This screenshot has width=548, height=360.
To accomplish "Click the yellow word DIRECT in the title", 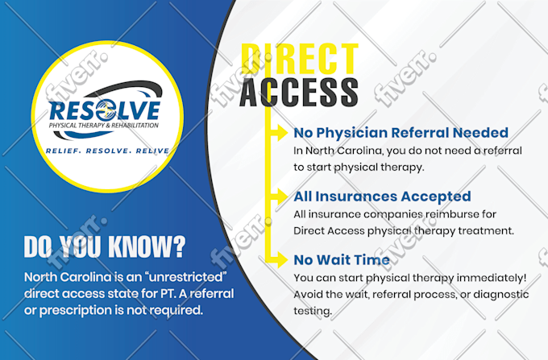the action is [300, 59].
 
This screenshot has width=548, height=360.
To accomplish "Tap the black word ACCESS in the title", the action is [299, 92].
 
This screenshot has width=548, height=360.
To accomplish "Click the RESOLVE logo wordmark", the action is [105, 110].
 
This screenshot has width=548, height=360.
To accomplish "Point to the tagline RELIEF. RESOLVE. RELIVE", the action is [107, 151].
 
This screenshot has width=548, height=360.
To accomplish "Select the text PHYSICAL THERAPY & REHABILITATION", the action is [104, 126].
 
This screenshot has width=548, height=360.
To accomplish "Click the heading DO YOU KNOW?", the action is [105, 247].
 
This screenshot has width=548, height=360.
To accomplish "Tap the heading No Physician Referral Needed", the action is [401, 133].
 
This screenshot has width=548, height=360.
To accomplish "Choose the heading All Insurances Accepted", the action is [382, 197].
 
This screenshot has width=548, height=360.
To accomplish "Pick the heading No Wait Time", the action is [342, 260].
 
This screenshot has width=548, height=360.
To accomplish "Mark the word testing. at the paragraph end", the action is [313, 311].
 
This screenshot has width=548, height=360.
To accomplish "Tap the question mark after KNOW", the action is [179, 247].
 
